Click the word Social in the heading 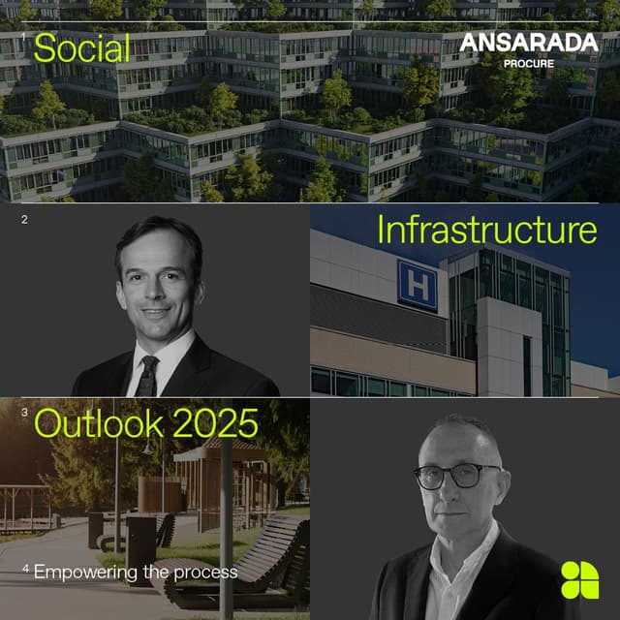pyautogui.click(x=81, y=47)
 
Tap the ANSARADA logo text pyautogui.click(x=528, y=43)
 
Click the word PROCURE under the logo pyautogui.click(x=529, y=63)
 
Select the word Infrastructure pyautogui.click(x=486, y=231)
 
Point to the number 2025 pyautogui.click(x=223, y=423)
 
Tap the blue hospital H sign pyautogui.click(x=418, y=285)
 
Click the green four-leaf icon pyautogui.click(x=579, y=579)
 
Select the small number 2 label pyautogui.click(x=24, y=220)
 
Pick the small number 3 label pyautogui.click(x=24, y=412)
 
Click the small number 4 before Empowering pyautogui.click(x=26, y=569)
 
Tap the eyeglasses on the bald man pyautogui.click(x=457, y=476)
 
